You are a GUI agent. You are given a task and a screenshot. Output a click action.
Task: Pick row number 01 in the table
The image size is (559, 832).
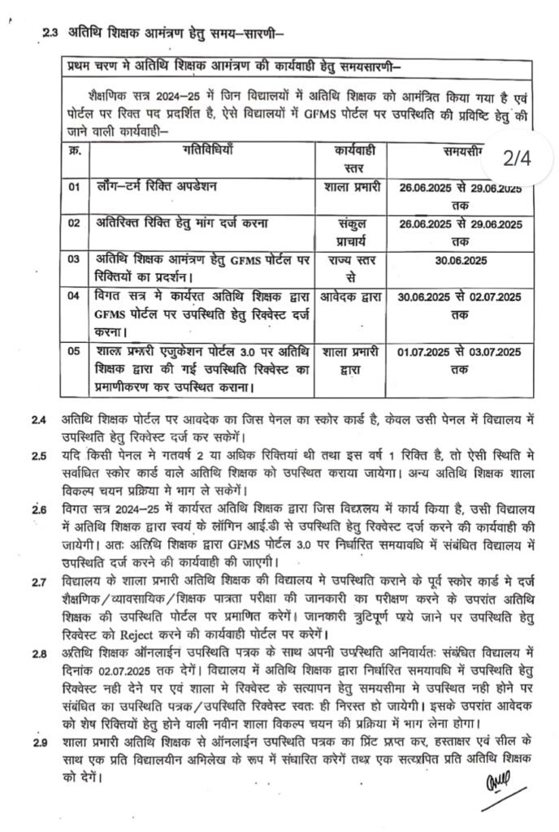pos(75,188)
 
